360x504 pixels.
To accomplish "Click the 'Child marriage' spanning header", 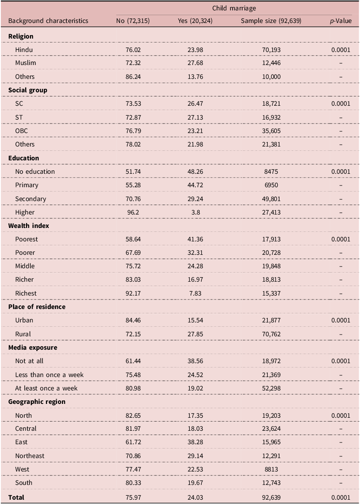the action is [234, 8].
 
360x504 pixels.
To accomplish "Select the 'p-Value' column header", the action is [341, 21].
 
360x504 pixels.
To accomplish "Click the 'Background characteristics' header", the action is [48, 21].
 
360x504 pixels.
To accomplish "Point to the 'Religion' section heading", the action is [21, 36].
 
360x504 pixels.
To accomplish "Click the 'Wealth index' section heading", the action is [29, 226].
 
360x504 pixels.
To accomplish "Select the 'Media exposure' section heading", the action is [32, 348].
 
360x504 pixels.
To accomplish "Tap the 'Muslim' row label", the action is [26, 63].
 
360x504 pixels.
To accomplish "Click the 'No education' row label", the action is [35, 172].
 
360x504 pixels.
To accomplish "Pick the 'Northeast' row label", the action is [29, 456].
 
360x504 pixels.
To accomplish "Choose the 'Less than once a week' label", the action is [49, 375].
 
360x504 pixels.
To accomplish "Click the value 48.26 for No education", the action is [195, 172].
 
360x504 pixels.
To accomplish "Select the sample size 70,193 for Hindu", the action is [271, 50].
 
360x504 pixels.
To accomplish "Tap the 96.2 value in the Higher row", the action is [133, 212].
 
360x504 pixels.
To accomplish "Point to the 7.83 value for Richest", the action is [195, 293].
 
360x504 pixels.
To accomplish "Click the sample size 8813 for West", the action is [271, 469].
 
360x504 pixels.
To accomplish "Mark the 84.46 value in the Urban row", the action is [133, 320].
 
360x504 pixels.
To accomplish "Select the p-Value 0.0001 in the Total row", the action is [341, 497].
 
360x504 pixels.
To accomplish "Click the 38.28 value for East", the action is [195, 442].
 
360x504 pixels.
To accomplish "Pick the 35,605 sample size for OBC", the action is [271, 131].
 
